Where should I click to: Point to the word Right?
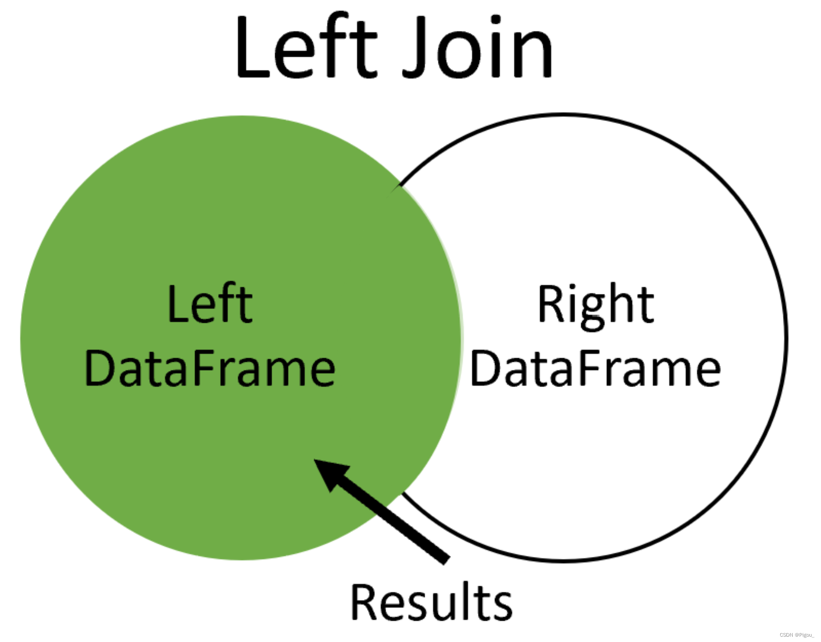tap(595, 306)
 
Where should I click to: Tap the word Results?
tap(431, 602)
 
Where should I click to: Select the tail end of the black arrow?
tap(446, 559)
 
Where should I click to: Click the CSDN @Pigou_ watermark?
tap(796, 635)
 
